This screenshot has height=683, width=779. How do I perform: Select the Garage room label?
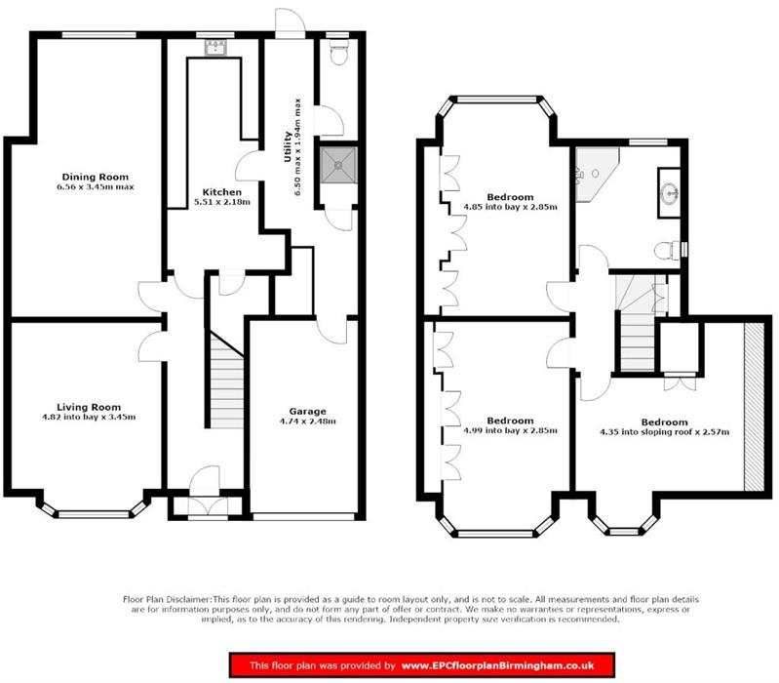pos(307,411)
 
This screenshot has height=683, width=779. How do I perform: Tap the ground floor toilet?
pos(336,56)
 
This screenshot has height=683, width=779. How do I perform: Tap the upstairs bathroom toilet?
pos(668,250)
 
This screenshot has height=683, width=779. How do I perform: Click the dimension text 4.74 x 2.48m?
pos(307,422)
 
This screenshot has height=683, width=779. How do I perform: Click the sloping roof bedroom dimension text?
pos(665,431)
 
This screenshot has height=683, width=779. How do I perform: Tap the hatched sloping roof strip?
pos(755,410)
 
